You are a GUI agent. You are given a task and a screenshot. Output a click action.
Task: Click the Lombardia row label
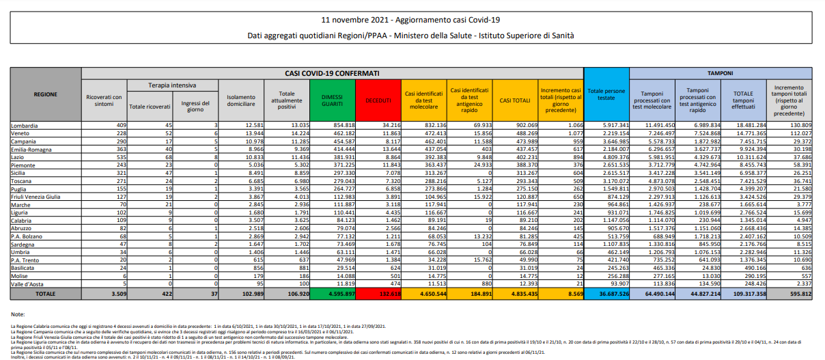[x=25, y=125]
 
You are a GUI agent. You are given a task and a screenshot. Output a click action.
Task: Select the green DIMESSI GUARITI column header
[x=332, y=100]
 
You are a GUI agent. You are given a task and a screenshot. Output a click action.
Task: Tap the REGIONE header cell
[x=45, y=94]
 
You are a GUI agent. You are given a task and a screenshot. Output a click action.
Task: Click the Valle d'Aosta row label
[x=27, y=283]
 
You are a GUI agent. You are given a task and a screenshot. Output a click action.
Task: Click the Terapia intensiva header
[x=172, y=85]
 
